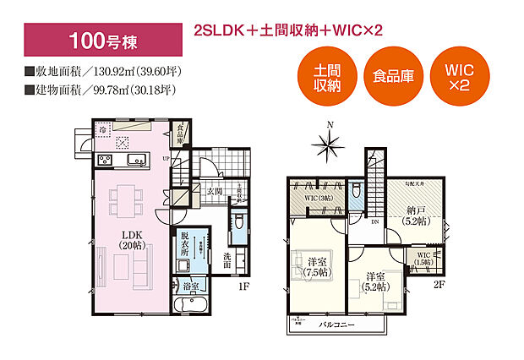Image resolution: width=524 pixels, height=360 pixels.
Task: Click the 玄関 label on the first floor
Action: point(214,192)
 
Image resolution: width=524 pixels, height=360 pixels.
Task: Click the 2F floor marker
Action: point(439,286)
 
